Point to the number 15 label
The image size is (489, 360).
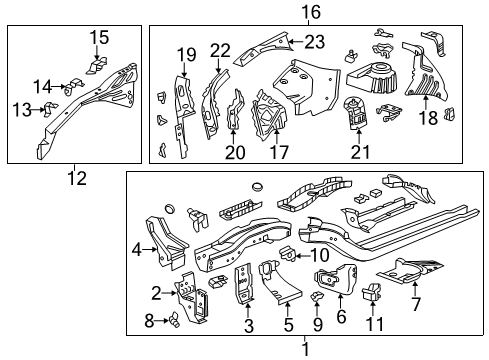click(x=98, y=38)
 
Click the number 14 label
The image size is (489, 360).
click(x=41, y=85)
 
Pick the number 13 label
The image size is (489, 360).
click(x=20, y=108)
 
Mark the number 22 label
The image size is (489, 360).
click(x=220, y=50)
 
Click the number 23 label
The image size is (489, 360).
click(x=314, y=41)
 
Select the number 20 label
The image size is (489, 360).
click(x=234, y=152)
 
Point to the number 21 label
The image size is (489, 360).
click(x=355, y=152)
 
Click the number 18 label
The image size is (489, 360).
click(x=426, y=118)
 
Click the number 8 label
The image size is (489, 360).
click(x=149, y=321)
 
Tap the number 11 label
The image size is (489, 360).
click(x=377, y=324)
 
